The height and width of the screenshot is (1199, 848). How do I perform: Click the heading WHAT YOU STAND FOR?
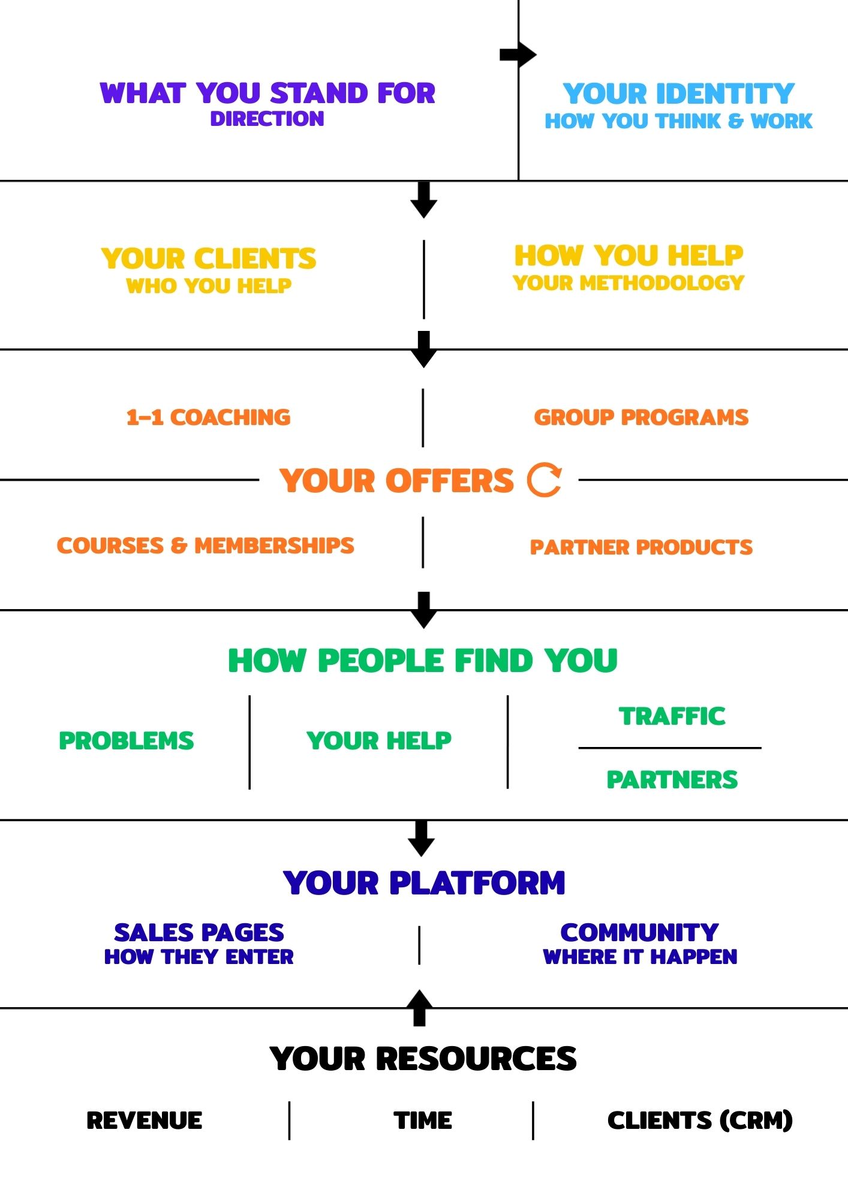pos(267,94)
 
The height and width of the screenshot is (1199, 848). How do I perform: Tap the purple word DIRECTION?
pos(267,119)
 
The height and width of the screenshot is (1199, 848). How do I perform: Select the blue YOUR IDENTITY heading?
pos(678,94)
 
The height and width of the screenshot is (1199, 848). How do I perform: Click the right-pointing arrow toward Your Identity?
pos(518,55)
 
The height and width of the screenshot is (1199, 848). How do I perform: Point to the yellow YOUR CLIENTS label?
pos(209,259)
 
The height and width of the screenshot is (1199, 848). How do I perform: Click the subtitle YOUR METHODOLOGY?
pos(629,282)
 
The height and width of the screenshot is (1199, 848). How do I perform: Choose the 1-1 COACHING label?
pos(208,417)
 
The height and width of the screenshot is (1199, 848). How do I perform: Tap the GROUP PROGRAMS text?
pos(641,417)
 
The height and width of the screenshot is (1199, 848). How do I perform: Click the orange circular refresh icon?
pos(545,480)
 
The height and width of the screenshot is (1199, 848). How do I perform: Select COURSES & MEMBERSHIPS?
pos(206,546)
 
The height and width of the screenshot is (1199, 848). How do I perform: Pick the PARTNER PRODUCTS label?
pos(641,547)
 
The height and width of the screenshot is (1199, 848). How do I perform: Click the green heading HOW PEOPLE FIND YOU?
pos(423,661)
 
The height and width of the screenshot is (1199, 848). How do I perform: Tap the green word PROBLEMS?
pos(127,741)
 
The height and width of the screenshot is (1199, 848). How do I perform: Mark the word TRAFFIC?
pos(672,716)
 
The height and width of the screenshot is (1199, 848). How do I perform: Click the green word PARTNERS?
pos(672,779)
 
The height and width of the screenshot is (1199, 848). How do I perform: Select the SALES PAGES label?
pos(199,932)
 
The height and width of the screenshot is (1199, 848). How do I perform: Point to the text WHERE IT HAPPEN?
pos(640,957)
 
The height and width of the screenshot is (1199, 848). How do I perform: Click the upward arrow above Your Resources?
pos(420,1007)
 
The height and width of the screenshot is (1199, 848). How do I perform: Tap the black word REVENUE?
pos(145,1120)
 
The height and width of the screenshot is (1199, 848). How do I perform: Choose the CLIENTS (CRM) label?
pos(700,1120)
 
